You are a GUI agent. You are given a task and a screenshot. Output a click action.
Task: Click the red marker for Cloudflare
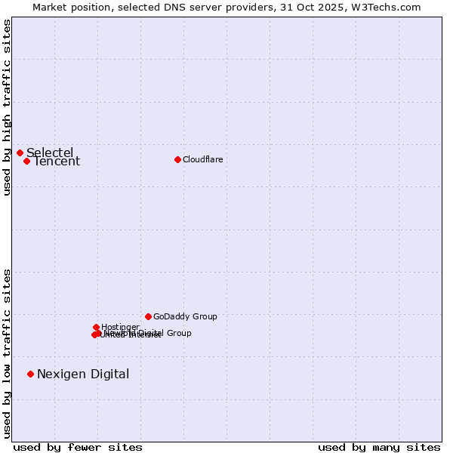point(177,159)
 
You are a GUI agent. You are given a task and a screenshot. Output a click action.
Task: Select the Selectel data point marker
point(20,153)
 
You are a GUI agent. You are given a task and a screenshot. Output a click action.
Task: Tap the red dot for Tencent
point(26,161)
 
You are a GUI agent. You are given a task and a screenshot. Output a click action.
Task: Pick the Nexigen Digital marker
point(30,374)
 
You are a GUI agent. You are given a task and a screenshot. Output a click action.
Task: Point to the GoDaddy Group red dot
point(148,316)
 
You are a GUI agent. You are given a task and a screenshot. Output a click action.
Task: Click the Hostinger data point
point(97,327)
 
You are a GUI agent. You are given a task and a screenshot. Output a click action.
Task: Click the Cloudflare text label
point(202,159)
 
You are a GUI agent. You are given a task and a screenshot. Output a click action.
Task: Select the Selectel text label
point(50,153)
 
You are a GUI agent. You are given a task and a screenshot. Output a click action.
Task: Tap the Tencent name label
point(57,162)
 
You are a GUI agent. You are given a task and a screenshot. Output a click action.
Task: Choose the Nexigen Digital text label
point(83,374)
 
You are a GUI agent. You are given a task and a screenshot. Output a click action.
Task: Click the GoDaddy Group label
point(185,316)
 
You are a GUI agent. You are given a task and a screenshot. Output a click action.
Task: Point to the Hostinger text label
point(120,327)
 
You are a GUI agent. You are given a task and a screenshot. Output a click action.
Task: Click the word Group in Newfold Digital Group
point(178,333)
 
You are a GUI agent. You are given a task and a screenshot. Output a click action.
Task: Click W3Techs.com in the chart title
point(388,7)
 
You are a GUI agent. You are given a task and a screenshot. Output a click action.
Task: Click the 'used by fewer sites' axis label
point(78,447)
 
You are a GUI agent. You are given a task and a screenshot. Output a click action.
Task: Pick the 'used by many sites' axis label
point(379,447)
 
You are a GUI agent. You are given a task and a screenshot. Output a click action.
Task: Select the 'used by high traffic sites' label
point(8,107)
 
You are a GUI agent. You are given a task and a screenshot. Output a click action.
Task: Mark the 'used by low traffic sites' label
point(8,353)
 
